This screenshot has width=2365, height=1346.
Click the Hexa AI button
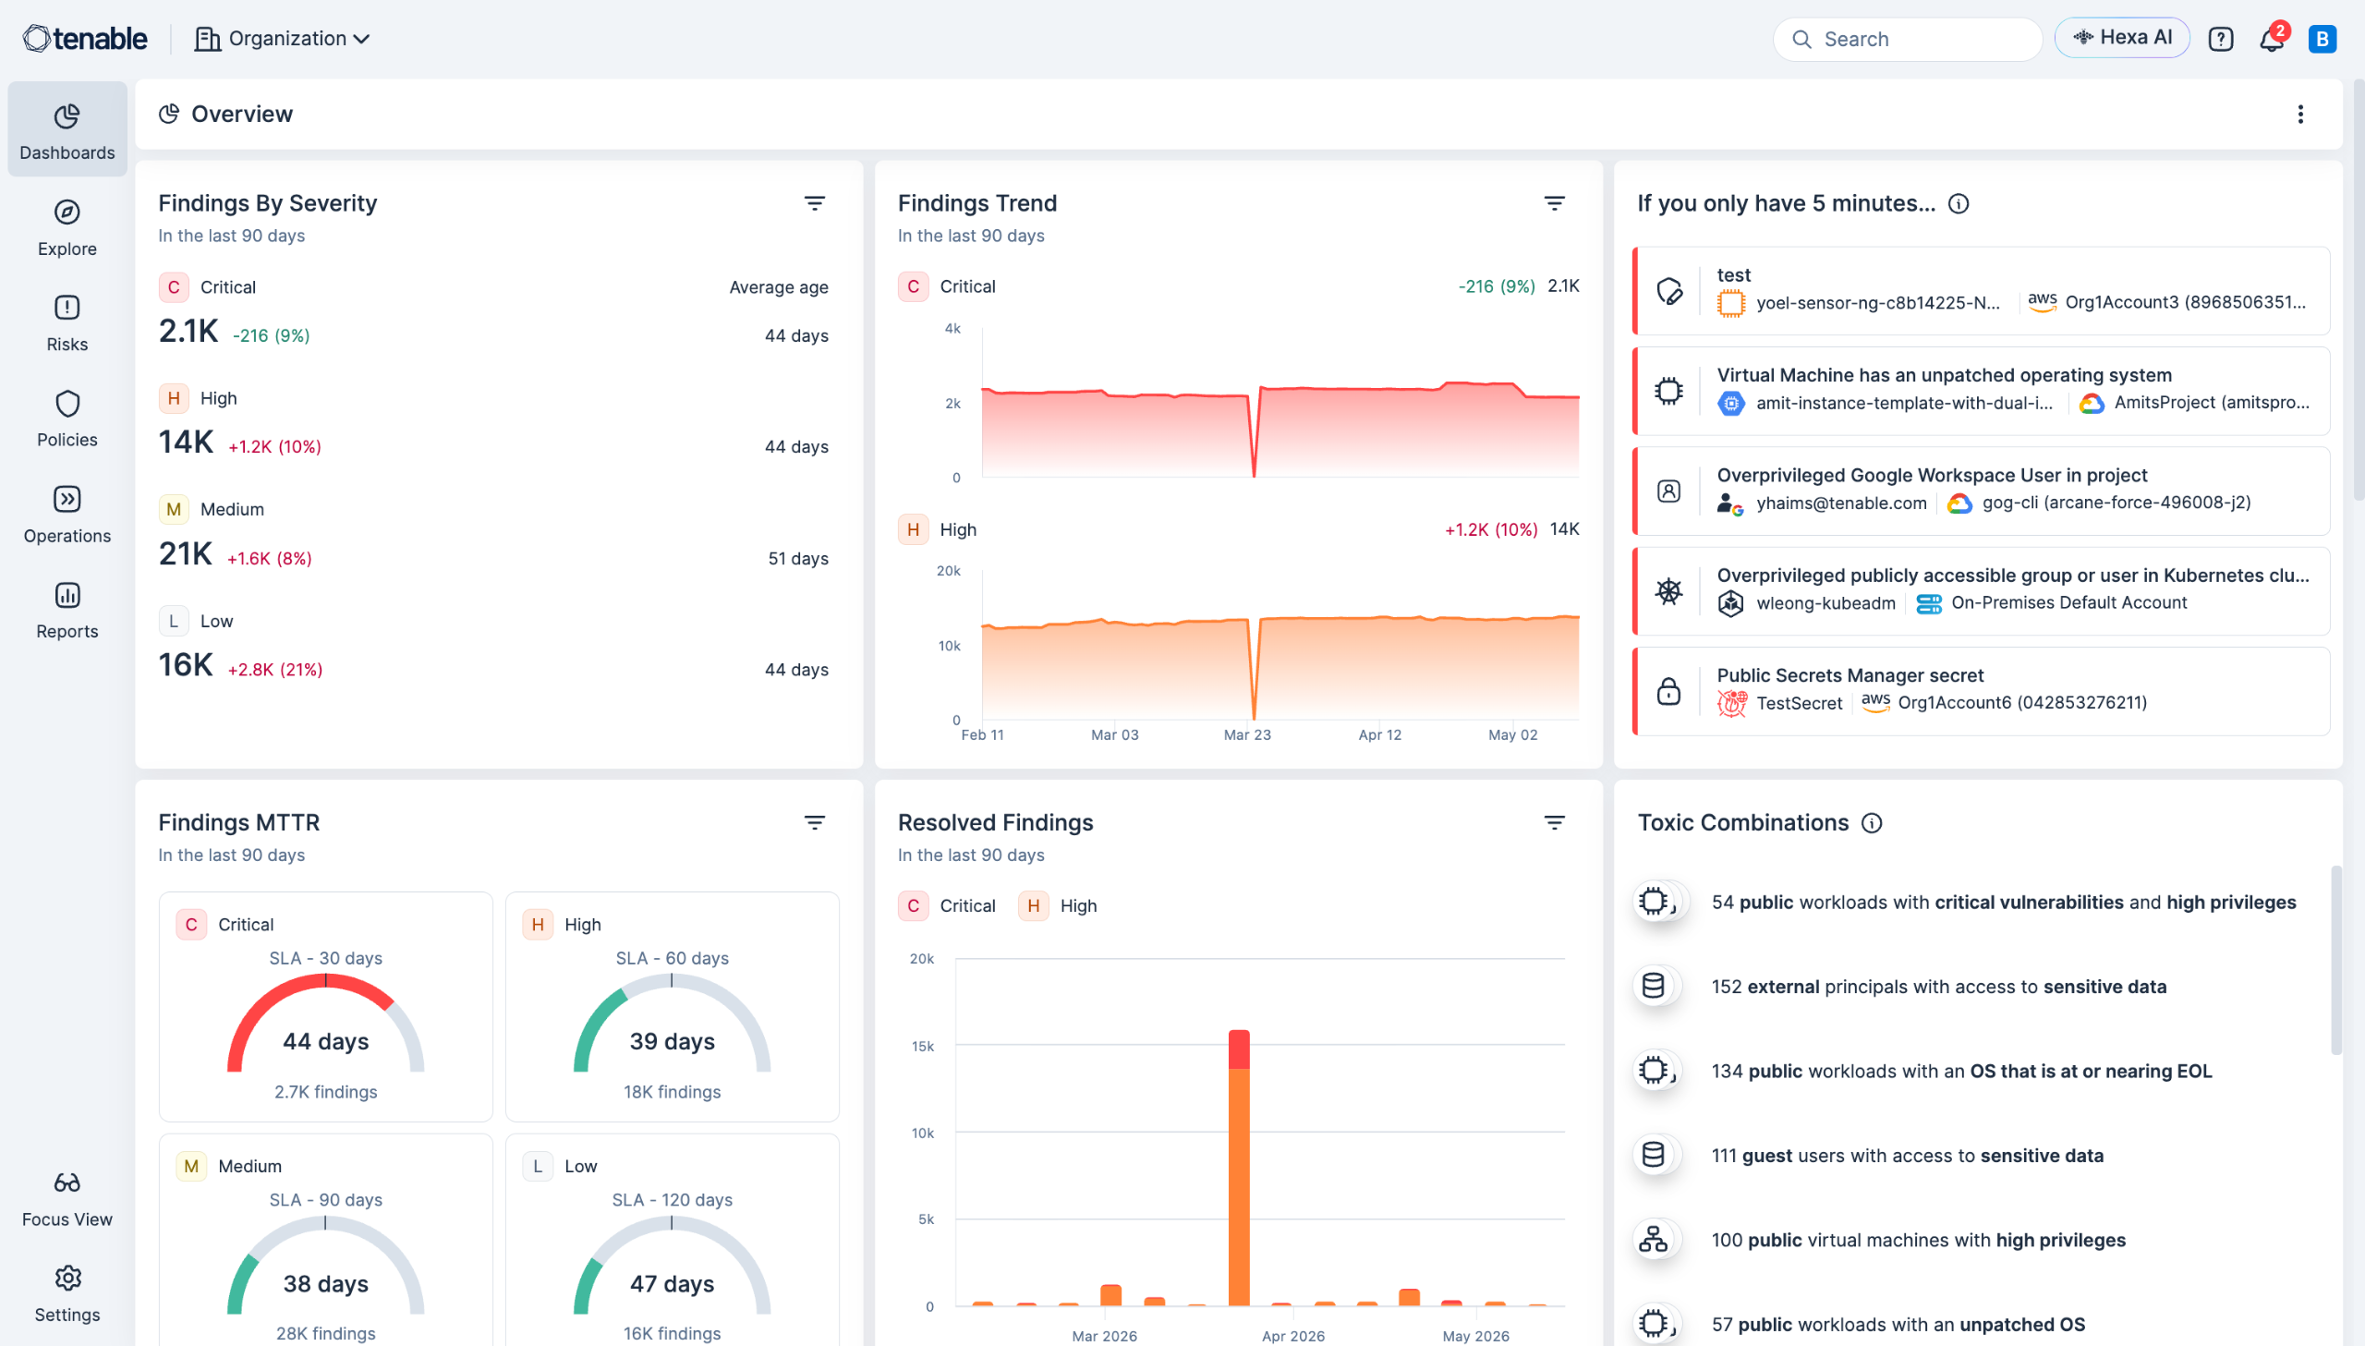pos(2122,38)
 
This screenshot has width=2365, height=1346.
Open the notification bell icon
pos(2271,40)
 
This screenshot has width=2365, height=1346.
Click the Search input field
pos(1908,39)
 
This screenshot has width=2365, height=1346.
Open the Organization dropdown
pos(283,39)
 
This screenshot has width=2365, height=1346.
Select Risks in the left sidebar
pos(67,322)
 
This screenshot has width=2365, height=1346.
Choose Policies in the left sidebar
pos(67,418)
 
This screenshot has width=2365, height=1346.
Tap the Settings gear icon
pos(67,1279)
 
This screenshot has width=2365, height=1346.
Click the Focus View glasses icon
pos(67,1182)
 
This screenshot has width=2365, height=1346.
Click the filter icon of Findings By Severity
pos(814,203)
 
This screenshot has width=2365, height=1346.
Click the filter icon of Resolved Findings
pos(1555,823)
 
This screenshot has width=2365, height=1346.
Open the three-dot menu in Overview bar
pos(2300,114)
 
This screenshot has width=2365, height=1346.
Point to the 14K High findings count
pos(186,443)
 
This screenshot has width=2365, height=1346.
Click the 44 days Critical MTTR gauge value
pos(325,1042)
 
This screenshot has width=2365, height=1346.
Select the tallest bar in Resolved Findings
pos(1240,1168)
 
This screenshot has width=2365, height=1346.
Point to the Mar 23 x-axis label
pos(1248,735)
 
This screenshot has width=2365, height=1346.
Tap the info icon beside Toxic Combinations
pos(1872,823)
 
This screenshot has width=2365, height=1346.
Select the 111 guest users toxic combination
pos(1907,1156)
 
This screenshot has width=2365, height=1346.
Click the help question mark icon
pos(2220,39)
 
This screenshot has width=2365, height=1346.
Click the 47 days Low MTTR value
pos(672,1284)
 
